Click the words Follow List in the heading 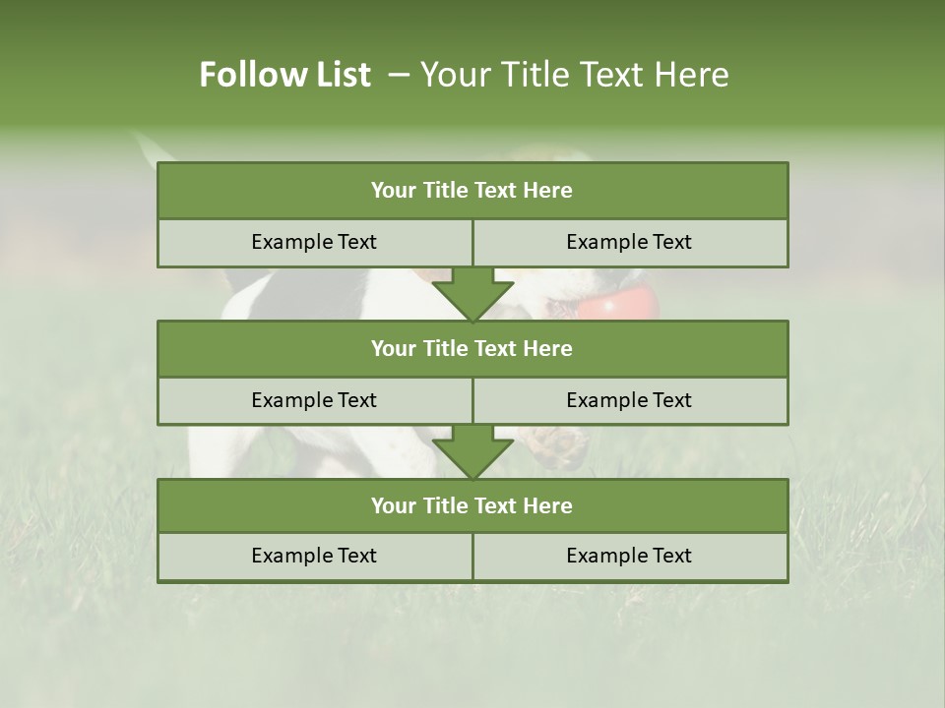click(x=285, y=75)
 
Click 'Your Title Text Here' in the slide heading click(x=575, y=75)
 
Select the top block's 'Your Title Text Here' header click(x=472, y=191)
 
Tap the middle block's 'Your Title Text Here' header click(x=472, y=348)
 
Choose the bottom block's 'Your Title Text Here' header click(x=472, y=505)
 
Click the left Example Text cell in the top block click(x=314, y=242)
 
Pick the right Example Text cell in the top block click(x=629, y=242)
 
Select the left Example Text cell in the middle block click(x=314, y=400)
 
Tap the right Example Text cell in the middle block click(x=629, y=400)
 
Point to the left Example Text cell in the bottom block click(x=314, y=556)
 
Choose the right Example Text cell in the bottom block click(x=629, y=556)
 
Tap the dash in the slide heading click(x=399, y=75)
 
